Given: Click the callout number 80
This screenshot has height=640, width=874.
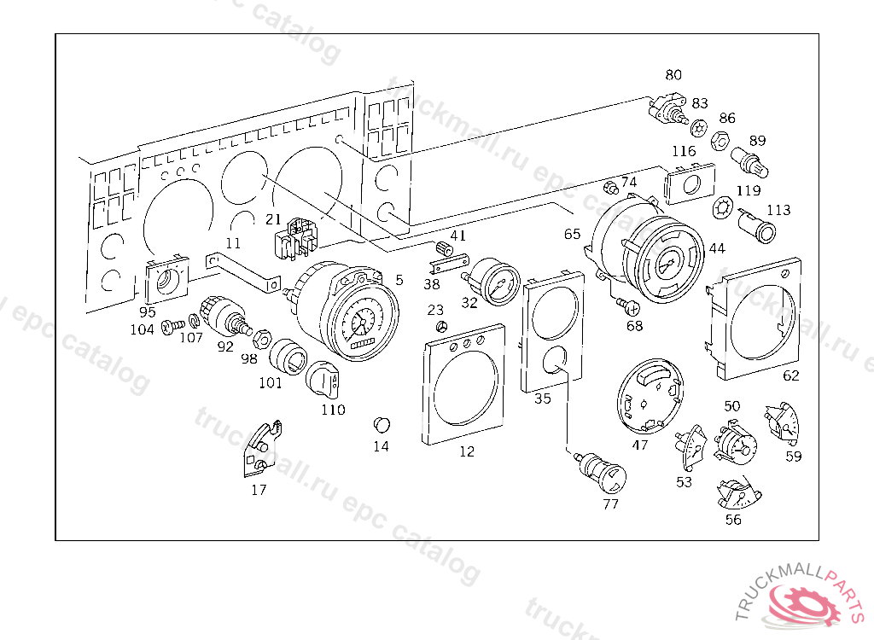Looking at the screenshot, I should (673, 75).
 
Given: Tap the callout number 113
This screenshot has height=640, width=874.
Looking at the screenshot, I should (778, 210).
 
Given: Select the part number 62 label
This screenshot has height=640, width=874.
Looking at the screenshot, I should (791, 375).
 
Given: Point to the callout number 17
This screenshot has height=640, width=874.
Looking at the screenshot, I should (259, 490).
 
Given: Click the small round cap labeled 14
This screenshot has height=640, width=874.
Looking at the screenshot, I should (382, 424).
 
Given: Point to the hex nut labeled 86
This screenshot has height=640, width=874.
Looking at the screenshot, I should (720, 138).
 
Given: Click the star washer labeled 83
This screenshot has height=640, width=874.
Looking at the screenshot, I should (698, 127).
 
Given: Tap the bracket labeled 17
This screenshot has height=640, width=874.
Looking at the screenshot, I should (259, 448).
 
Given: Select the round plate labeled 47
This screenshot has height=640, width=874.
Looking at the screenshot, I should (651, 397).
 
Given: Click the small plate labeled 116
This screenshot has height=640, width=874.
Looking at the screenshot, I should (687, 183).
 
